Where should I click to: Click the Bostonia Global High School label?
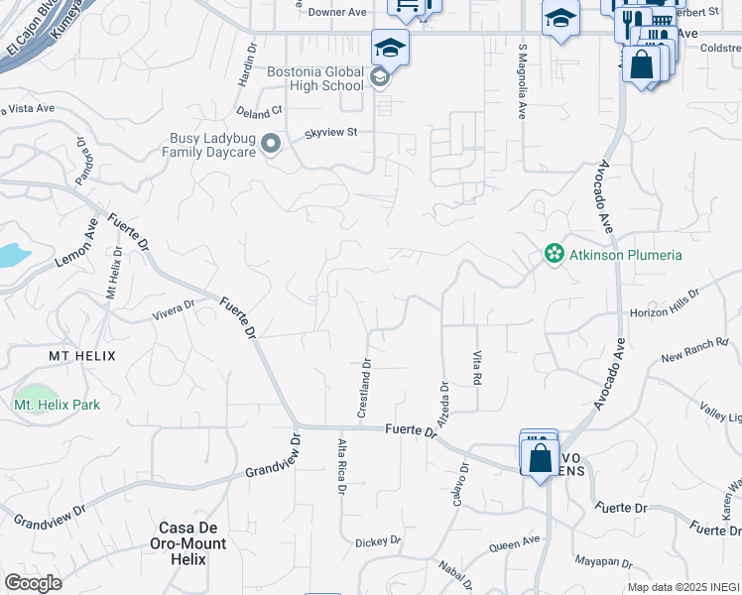coord(315,78)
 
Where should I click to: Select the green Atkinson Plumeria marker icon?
coord(554,255)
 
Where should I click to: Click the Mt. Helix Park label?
coord(57,405)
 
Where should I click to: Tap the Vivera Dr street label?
coord(172,314)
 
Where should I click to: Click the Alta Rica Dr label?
coord(341,466)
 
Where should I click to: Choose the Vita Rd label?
coord(477,366)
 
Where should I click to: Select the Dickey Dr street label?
coord(377,542)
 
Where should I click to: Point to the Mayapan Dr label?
coord(604,560)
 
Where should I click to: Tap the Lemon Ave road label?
coord(76,247)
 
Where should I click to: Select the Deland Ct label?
coord(261,111)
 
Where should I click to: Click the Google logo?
coord(33,583)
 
